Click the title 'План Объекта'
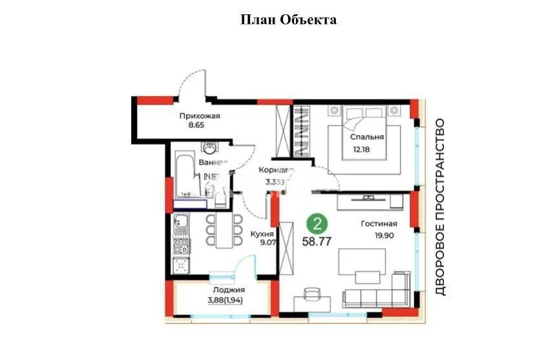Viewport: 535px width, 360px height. point(288,19)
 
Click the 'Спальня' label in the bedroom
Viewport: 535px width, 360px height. point(367,137)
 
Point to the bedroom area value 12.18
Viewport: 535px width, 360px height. point(362,151)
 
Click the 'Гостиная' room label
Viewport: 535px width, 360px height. point(379,224)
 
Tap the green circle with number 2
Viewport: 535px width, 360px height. point(316,224)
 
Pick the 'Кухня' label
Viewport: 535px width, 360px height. point(262,234)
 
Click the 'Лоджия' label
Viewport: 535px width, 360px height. point(221,290)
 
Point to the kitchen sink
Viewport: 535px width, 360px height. point(181,226)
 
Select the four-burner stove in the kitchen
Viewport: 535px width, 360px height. point(182,245)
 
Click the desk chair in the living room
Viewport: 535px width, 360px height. point(311,293)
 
